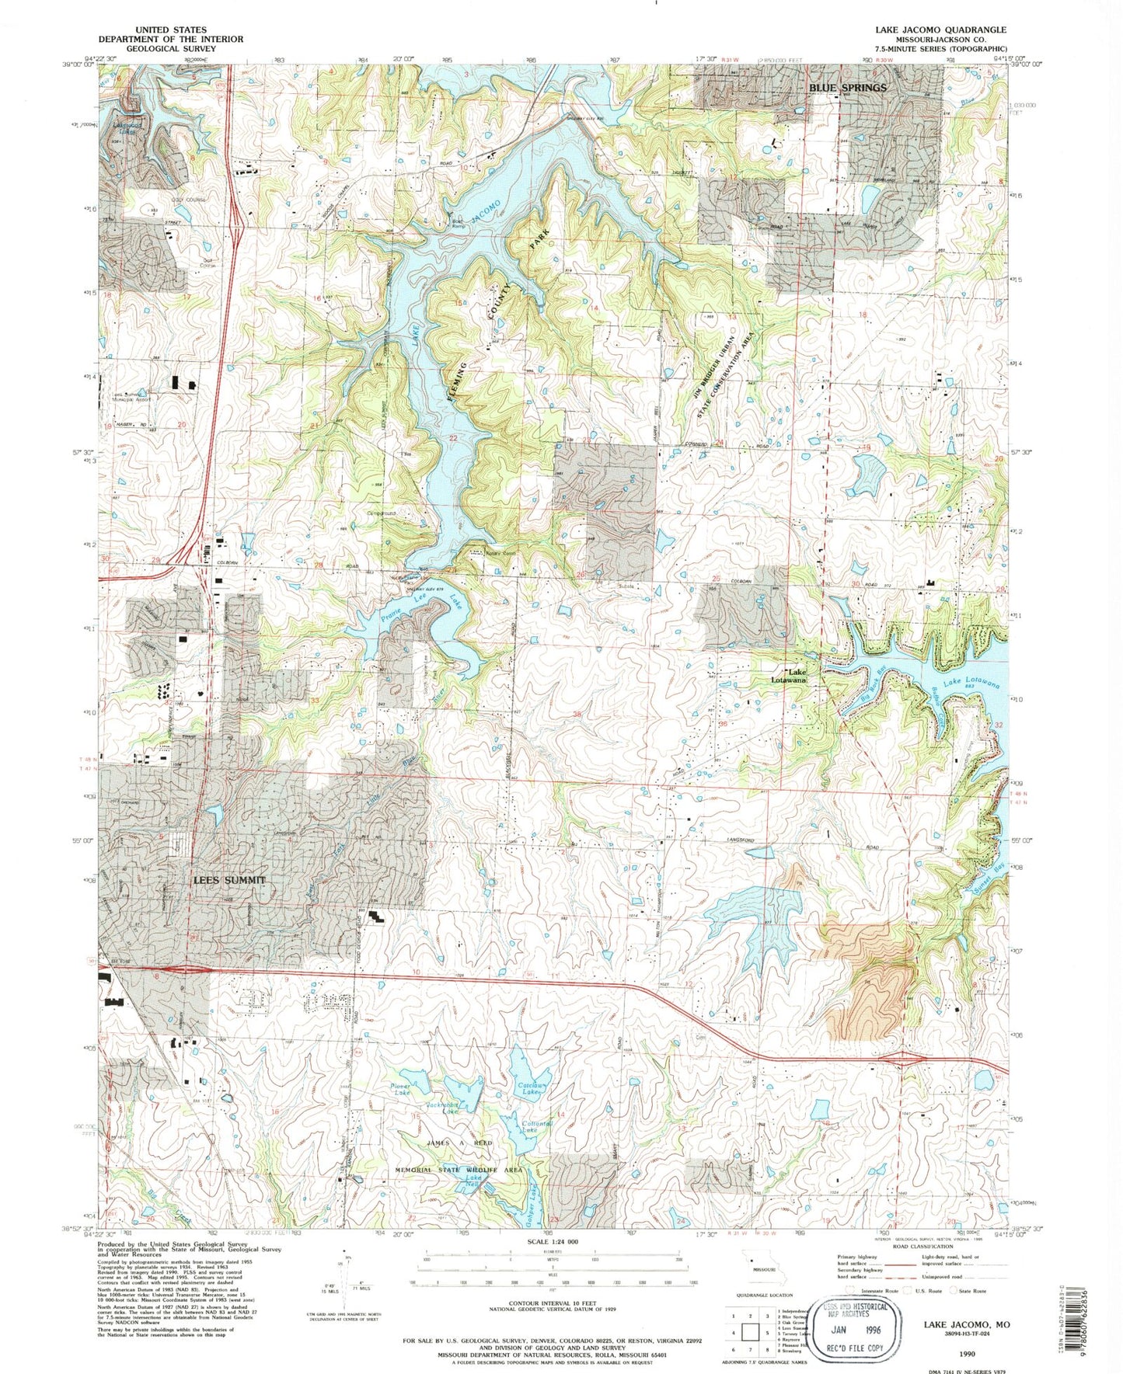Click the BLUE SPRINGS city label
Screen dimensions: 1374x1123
[x=848, y=88]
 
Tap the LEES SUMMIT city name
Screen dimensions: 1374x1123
[x=229, y=880]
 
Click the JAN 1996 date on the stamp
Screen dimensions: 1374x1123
[x=857, y=1314]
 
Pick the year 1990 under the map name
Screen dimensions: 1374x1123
[x=967, y=1352]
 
